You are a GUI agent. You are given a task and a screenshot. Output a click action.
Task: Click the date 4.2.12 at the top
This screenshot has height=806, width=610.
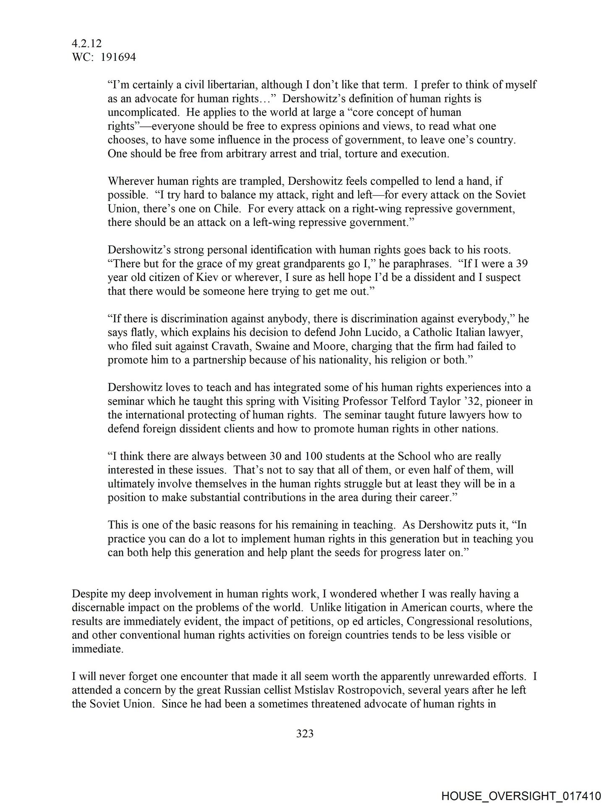87,44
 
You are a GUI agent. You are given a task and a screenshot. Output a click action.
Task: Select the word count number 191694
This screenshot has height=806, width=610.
118,58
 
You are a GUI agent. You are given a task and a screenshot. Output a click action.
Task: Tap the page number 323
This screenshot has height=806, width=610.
305,733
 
